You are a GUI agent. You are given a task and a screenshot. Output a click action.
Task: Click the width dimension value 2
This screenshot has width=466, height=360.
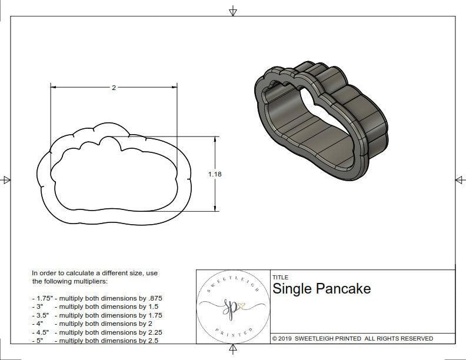pyautogui.click(x=114, y=88)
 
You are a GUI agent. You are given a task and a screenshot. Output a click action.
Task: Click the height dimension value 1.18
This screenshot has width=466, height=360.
pyautogui.click(x=215, y=174)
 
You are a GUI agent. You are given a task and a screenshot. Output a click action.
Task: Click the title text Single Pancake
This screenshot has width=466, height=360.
pyautogui.click(x=321, y=289)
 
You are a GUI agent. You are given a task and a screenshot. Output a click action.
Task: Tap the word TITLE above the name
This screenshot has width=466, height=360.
pyautogui.click(x=280, y=277)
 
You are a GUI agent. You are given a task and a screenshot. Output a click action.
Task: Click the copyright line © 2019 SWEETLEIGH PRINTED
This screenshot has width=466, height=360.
pyautogui.click(x=352, y=338)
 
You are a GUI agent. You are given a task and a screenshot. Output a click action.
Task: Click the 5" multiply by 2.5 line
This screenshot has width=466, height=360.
pyautogui.click(x=94, y=341)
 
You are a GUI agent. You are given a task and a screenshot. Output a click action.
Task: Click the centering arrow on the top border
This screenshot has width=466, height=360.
pyautogui.click(x=233, y=11)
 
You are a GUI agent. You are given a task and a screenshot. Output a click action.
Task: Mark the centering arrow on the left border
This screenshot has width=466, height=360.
pyautogui.click(x=6, y=180)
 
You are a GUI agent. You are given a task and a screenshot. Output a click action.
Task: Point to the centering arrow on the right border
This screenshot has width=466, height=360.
pyautogui.click(x=460, y=180)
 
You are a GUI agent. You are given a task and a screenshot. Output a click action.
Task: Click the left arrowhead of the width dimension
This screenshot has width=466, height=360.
pyautogui.click(x=53, y=88)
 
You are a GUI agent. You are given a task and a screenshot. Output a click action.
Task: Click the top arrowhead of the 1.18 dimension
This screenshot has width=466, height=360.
pyautogui.click(x=215, y=139)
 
